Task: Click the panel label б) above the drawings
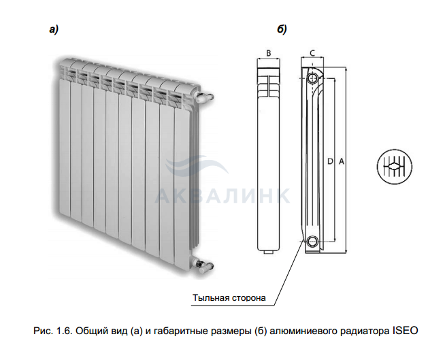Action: click(x=282, y=29)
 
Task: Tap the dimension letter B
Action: click(x=269, y=52)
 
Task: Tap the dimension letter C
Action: click(x=312, y=52)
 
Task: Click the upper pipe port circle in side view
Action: click(x=312, y=78)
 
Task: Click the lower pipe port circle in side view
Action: click(x=312, y=241)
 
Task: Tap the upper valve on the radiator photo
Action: click(x=205, y=95)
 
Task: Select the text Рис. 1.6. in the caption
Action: click(x=49, y=331)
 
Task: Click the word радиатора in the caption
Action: click(x=366, y=331)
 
